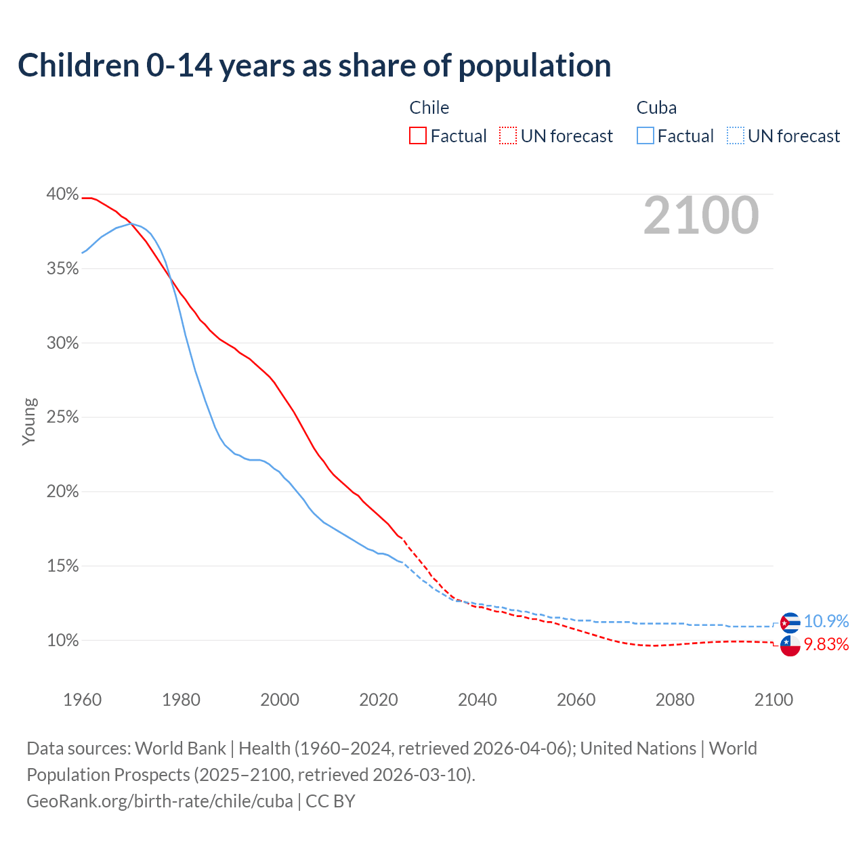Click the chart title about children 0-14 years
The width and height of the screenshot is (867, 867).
(x=314, y=66)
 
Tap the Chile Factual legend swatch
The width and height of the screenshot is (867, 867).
(x=418, y=136)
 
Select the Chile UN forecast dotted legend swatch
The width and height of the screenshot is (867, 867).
(x=508, y=136)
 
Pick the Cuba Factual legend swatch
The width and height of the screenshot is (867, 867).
(x=646, y=136)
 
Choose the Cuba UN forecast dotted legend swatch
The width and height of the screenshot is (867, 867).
(x=736, y=136)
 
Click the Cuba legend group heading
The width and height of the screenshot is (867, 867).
(x=656, y=108)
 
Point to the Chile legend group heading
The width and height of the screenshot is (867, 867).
(x=429, y=108)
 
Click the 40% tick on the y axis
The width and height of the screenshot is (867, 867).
(x=62, y=194)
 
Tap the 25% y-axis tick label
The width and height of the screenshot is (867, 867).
(x=62, y=417)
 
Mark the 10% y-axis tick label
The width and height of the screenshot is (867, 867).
(x=62, y=640)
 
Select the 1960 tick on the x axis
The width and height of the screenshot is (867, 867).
(x=82, y=700)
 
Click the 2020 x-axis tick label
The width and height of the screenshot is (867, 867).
(x=378, y=700)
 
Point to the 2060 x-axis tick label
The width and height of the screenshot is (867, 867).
(x=576, y=700)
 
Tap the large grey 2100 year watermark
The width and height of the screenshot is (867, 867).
(x=701, y=215)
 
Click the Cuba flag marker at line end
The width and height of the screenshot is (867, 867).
(x=790, y=622)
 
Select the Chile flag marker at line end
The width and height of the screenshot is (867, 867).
(x=790, y=646)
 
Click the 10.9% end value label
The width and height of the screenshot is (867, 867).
(x=826, y=621)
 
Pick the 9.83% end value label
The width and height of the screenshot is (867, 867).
(x=826, y=644)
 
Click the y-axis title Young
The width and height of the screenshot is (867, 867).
(x=29, y=421)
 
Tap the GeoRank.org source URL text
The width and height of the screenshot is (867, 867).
(x=160, y=801)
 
